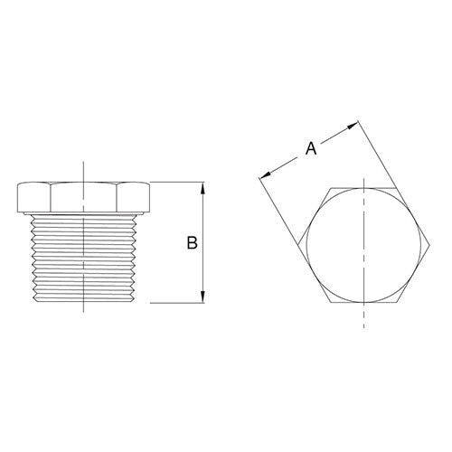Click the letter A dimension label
310,149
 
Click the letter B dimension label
191,243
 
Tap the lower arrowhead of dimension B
204,298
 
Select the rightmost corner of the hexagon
429,244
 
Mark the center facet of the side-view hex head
83,198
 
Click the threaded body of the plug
83,258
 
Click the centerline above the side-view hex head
83,172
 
